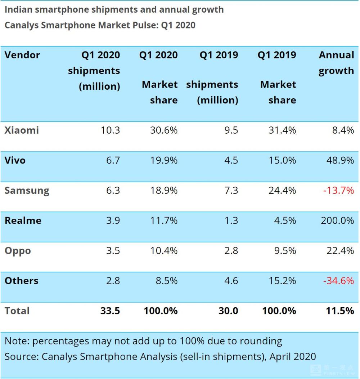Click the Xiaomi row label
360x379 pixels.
click(x=22, y=130)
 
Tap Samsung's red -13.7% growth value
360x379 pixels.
click(x=338, y=190)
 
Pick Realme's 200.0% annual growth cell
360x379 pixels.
click(x=337, y=220)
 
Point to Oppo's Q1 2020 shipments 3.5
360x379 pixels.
click(x=113, y=251)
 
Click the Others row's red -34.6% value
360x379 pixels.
click(x=338, y=281)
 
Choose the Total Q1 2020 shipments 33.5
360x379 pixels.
click(x=110, y=311)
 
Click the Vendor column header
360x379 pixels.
click(x=22, y=55)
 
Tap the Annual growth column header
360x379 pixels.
click(x=336, y=63)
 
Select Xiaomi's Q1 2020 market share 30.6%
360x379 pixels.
click(x=164, y=130)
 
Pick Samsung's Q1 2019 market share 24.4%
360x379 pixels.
click(x=282, y=190)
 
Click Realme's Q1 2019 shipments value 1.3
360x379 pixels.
click(x=231, y=220)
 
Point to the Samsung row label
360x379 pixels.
click(x=27, y=190)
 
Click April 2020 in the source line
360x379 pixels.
click(x=293, y=357)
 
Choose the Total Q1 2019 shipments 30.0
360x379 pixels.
click(x=228, y=311)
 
